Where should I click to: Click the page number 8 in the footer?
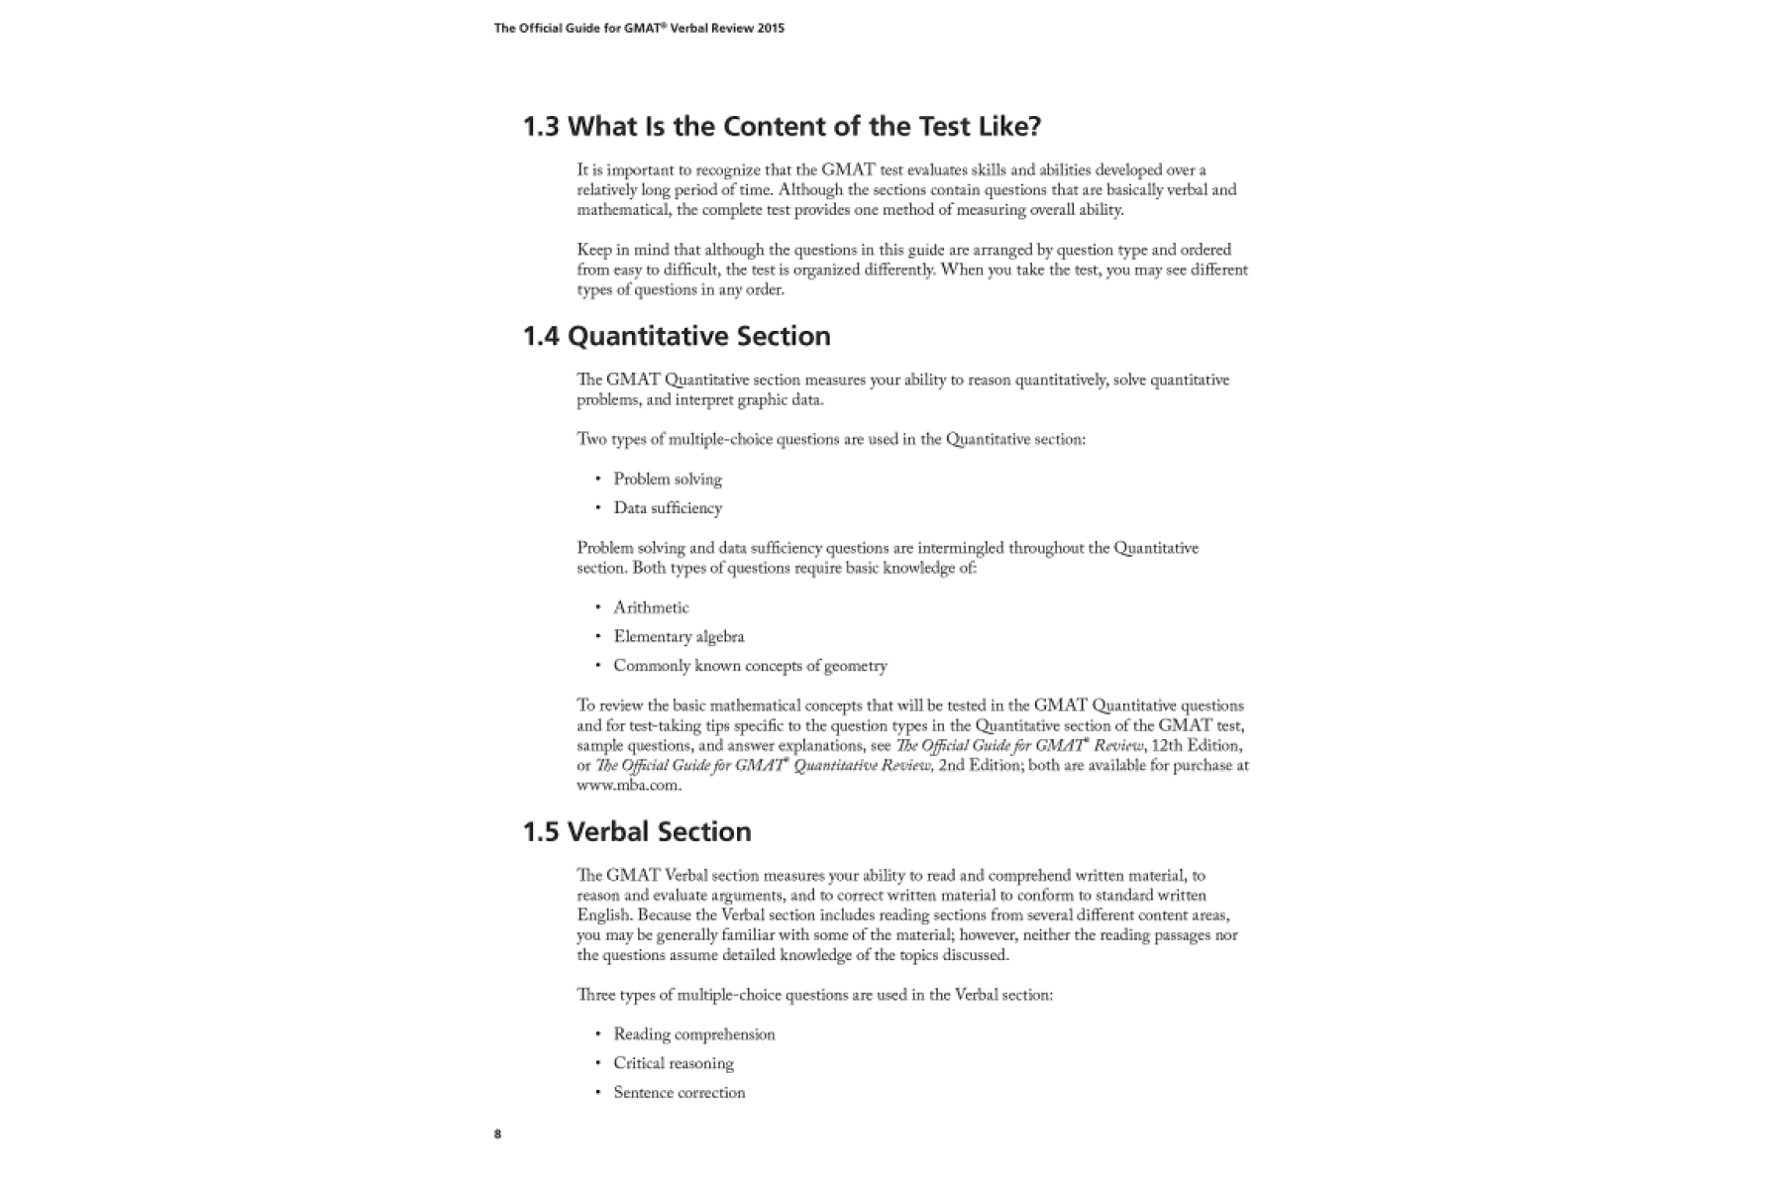pos(498,1135)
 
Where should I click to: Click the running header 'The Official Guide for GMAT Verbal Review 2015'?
pos(639,29)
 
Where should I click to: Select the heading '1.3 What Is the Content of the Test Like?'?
pos(782,127)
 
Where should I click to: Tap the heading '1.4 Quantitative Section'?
pos(677,337)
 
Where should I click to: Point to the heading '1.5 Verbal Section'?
pos(637,832)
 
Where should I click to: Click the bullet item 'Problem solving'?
pos(668,480)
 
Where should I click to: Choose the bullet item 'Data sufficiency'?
pos(668,508)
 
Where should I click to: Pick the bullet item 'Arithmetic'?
pos(651,608)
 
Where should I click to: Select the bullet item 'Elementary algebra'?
pos(679,637)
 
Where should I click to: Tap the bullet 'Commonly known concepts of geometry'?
pos(750,667)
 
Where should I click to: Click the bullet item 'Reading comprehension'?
pos(693,1034)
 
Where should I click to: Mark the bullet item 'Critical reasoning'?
pos(674,1064)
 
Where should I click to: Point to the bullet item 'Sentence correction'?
pos(679,1093)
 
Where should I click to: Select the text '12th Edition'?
pos(1197,746)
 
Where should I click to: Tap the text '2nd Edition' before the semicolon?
pos(979,766)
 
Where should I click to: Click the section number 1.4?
pos(541,337)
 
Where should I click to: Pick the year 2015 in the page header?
pos(771,29)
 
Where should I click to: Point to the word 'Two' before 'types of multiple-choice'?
pos(591,440)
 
